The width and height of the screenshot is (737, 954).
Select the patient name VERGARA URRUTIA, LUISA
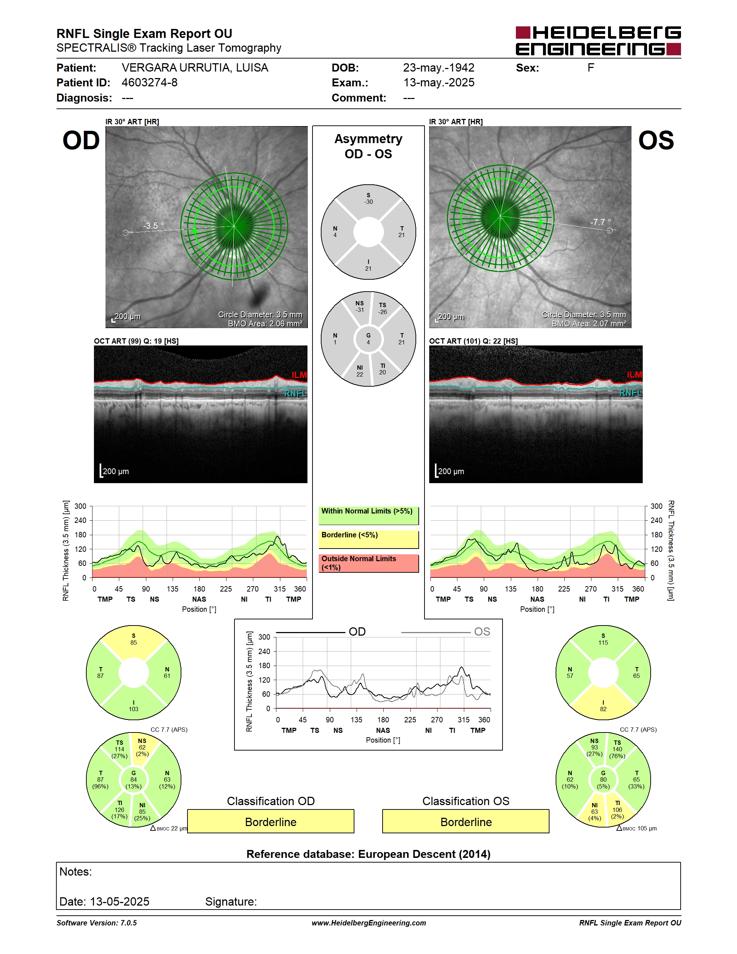click(195, 68)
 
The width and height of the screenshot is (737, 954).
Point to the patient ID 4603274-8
click(149, 82)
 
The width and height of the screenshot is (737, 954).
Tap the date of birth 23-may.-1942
click(438, 68)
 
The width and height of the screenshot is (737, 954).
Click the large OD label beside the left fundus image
click(81, 141)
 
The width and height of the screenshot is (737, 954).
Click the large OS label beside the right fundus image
click(656, 141)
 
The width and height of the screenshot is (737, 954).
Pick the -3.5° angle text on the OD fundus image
click(153, 225)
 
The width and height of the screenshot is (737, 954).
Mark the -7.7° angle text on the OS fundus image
click(600, 222)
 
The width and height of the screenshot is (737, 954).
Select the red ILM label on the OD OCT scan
click(299, 375)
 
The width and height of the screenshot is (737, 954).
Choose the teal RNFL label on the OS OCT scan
click(630, 393)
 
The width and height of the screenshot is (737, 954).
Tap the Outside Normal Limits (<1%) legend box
click(368, 563)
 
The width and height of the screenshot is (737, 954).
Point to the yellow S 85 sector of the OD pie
click(134, 643)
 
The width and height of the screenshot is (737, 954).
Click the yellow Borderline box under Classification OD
click(271, 821)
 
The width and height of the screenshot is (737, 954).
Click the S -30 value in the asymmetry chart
click(368, 199)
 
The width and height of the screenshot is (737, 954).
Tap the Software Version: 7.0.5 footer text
click(96, 923)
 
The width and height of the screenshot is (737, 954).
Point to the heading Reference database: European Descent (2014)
click(368, 854)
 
